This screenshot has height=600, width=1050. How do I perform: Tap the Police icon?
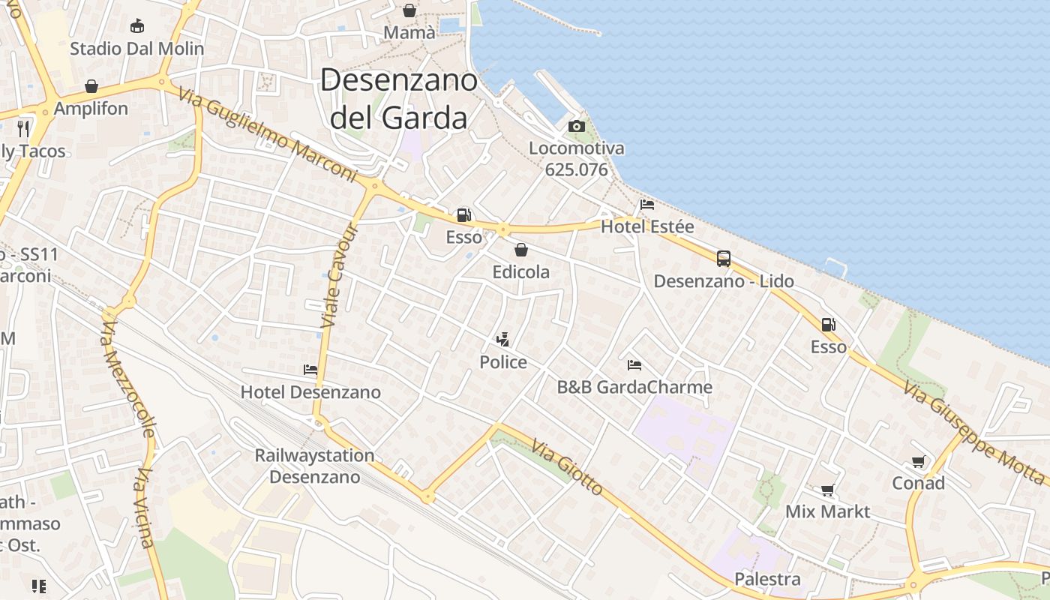(503, 340)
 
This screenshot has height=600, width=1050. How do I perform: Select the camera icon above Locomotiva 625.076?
(576, 126)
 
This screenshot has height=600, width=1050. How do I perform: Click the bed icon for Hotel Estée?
(647, 204)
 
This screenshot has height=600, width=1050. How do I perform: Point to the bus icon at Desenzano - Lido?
(724, 259)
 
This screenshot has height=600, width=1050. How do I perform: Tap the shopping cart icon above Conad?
(918, 461)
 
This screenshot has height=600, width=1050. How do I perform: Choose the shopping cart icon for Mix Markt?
(827, 490)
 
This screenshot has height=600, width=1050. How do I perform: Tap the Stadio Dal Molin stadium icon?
(136, 26)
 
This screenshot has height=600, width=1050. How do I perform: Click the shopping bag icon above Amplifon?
(91, 86)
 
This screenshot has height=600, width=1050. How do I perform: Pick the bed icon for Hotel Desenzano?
(310, 369)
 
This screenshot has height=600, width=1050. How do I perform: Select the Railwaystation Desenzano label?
(314, 466)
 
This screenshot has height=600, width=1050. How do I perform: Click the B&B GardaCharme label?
(634, 387)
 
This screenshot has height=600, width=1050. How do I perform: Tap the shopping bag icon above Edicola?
(521, 250)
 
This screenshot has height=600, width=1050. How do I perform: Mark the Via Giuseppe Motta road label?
(974, 433)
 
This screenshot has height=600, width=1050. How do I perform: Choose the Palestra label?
(767, 579)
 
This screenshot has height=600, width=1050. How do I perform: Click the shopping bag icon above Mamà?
(409, 10)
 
